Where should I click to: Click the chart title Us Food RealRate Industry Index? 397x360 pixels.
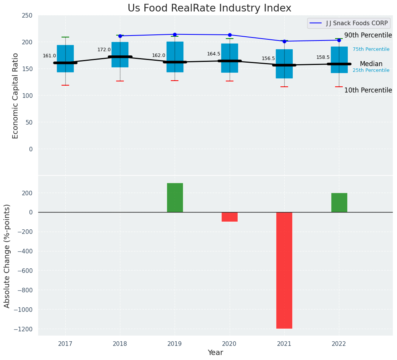point(209,8)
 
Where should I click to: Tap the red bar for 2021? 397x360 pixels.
point(284,270)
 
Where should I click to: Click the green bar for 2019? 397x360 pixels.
point(175,198)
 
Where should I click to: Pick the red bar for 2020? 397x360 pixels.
point(230,217)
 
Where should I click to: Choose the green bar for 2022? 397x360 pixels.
point(339,203)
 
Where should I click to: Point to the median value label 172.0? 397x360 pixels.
point(104,50)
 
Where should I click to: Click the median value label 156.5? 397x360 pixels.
point(268,58)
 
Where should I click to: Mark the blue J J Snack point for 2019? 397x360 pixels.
point(175,34)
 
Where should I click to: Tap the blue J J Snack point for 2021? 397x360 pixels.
point(284,41)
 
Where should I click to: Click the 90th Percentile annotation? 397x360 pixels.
point(368,36)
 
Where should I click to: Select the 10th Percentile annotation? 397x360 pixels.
point(368,91)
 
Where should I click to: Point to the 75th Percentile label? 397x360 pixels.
point(371,49)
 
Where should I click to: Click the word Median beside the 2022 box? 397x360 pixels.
point(371,64)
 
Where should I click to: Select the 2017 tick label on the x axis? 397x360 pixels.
point(65,344)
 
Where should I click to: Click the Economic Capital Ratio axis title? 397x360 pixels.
point(16,96)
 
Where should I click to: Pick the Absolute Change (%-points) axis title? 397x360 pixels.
point(7,256)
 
